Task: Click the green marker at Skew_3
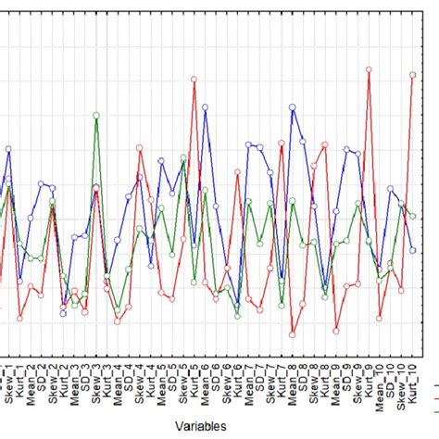(x=95, y=115)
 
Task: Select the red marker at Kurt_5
(x=194, y=79)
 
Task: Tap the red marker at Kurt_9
(x=369, y=69)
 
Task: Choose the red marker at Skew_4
(x=139, y=147)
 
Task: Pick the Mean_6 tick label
(x=205, y=381)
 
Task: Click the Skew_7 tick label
(x=270, y=381)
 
